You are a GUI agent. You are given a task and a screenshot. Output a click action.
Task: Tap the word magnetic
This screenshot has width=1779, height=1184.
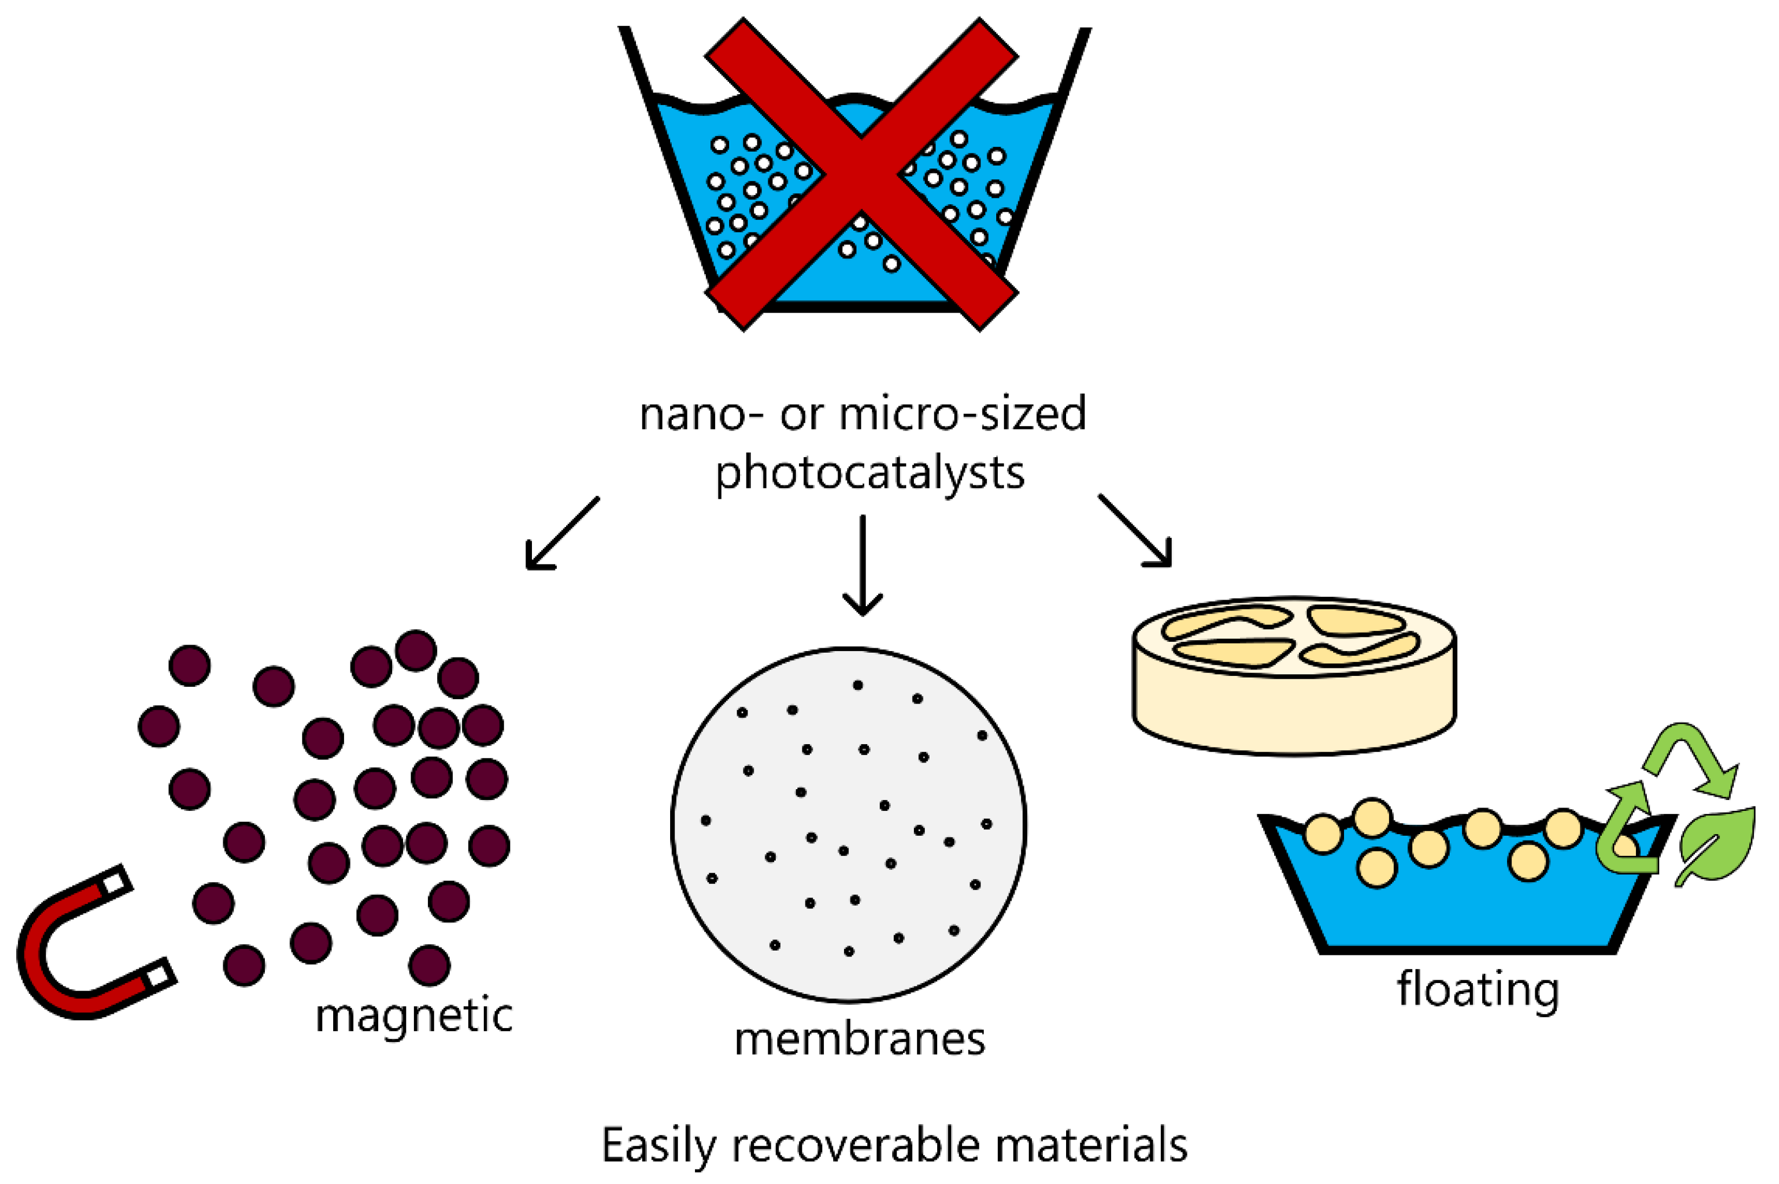(414, 1016)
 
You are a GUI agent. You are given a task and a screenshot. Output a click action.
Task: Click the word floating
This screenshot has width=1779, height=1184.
(1478, 989)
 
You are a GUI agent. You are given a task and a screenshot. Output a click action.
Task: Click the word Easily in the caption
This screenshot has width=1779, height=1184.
(658, 1146)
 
